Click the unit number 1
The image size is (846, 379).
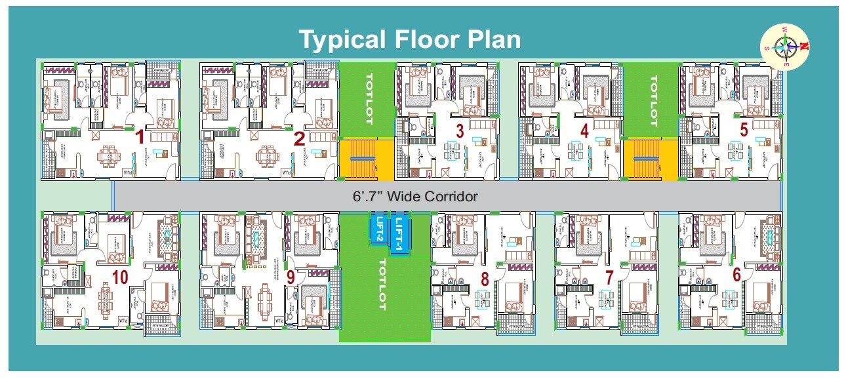point(139,138)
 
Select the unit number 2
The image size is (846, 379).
point(300,138)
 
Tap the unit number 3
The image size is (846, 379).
point(460,131)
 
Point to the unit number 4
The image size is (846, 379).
point(584,131)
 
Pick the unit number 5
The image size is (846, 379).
point(744,129)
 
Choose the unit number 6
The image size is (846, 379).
point(736,275)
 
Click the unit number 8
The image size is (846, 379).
point(485,279)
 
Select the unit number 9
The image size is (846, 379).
point(291,277)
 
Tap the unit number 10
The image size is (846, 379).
point(119,277)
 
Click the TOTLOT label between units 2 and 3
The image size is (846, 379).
point(367,99)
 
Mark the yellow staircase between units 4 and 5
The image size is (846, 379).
point(649,159)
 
